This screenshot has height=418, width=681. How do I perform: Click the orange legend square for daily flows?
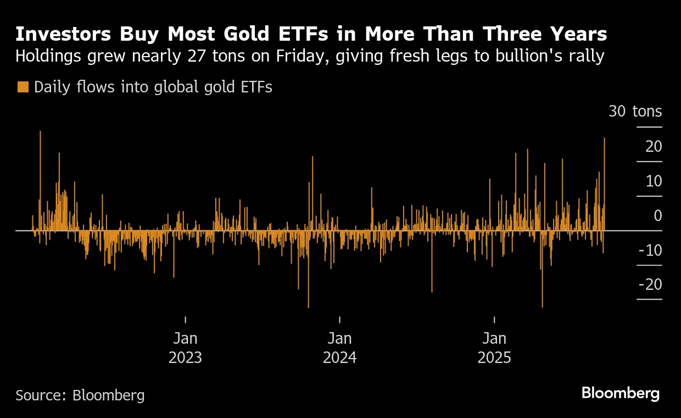coord(23,87)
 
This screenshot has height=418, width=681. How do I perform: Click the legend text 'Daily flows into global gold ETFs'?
coord(153,87)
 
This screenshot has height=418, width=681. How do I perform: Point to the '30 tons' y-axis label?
coord(635,112)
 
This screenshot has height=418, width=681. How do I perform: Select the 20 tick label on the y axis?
coord(654,146)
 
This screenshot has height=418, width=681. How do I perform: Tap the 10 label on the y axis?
coord(654,181)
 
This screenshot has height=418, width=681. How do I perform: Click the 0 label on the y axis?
coord(657,216)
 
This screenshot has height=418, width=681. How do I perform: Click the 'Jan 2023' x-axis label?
coord(185,348)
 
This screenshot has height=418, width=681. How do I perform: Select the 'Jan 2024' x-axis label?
coord(339,348)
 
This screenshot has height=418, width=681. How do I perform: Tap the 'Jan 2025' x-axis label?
coord(494,348)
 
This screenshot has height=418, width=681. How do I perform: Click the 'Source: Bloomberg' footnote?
coord(80,395)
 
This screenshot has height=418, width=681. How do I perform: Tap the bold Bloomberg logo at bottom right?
coord(620,393)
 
